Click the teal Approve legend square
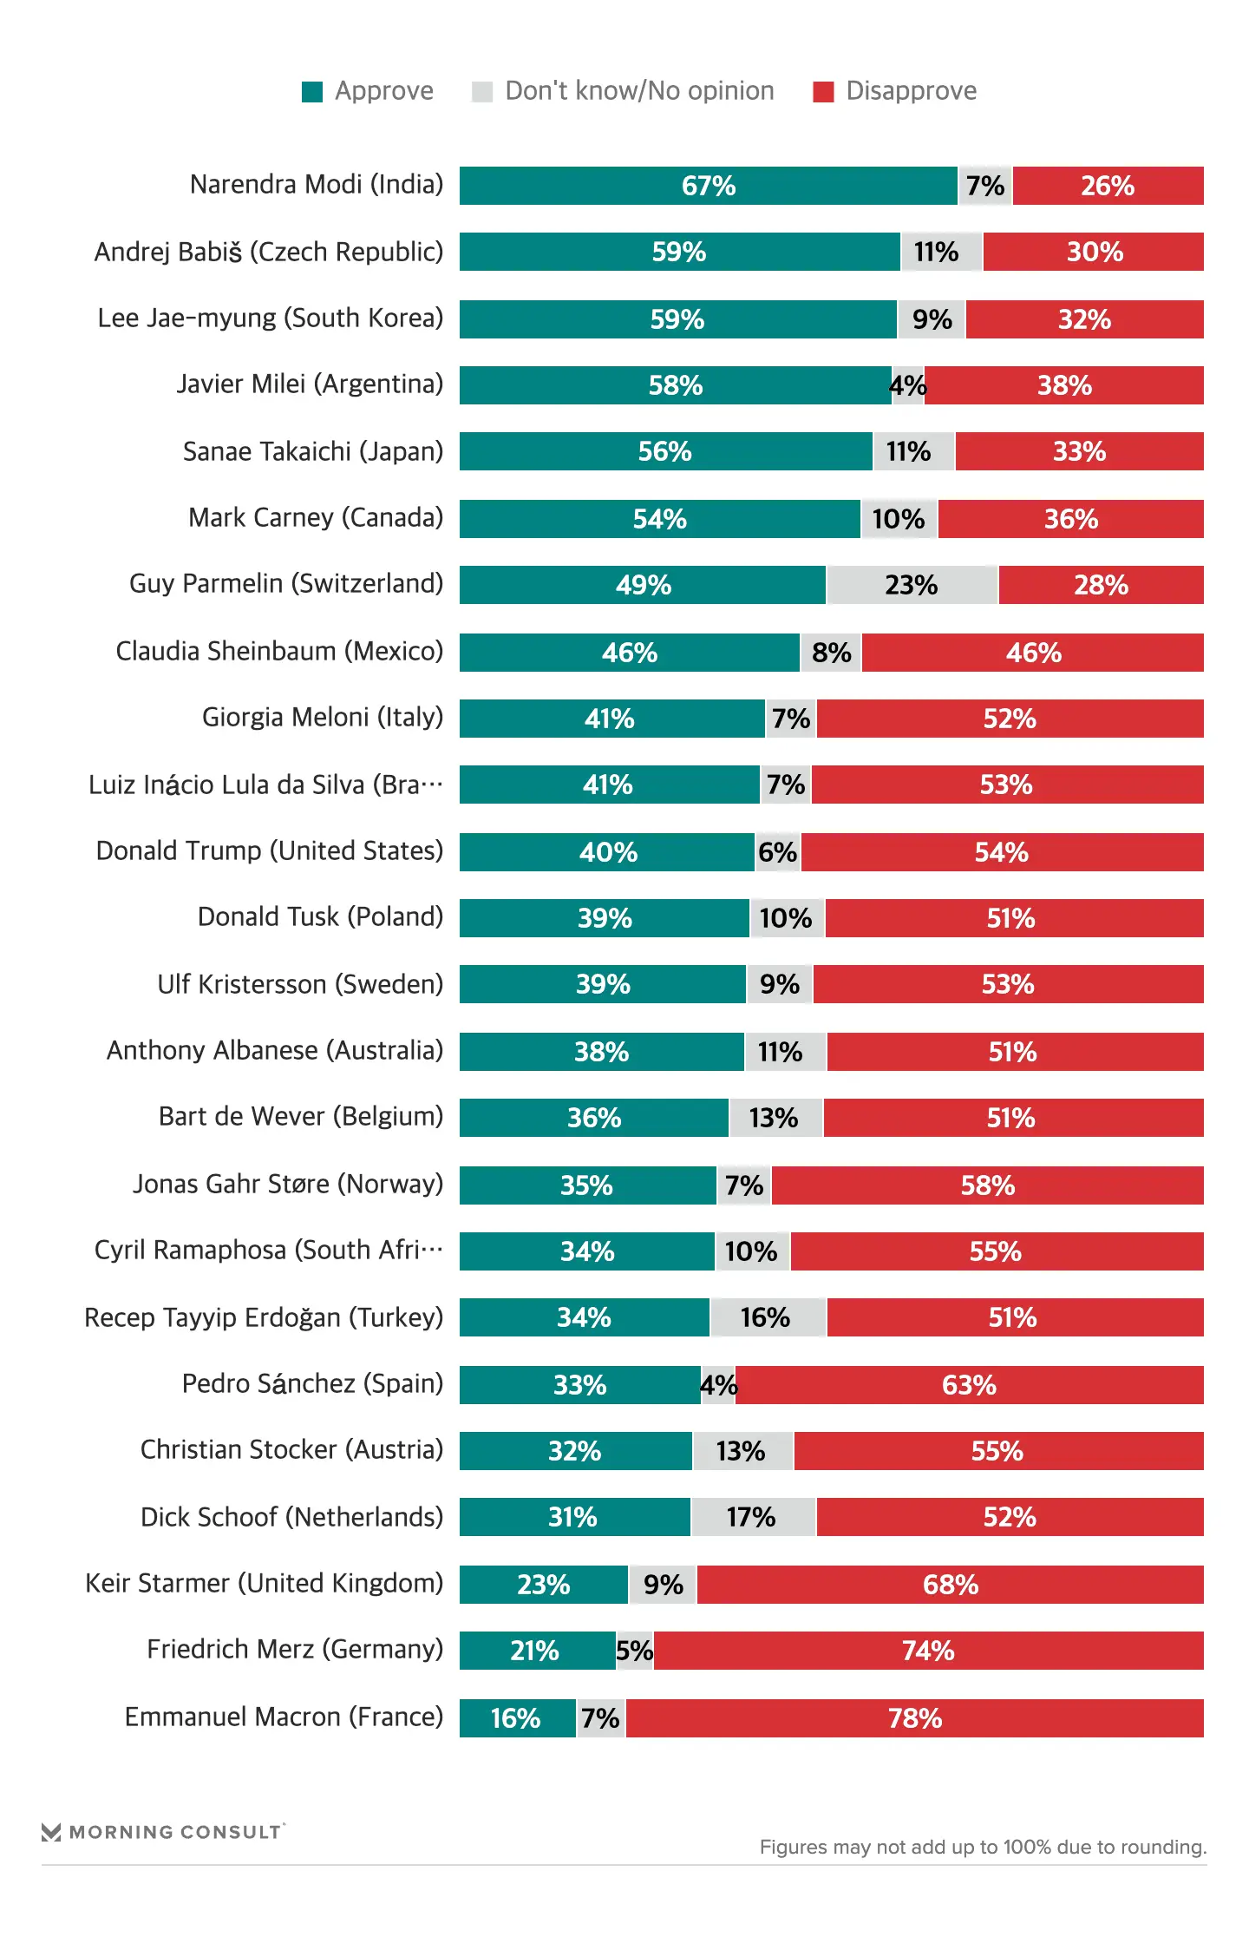click(312, 92)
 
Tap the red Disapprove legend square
click(823, 92)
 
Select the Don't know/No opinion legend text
click(639, 91)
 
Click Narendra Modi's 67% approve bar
click(708, 186)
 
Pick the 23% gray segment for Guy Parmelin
click(912, 585)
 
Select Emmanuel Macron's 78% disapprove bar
click(914, 1718)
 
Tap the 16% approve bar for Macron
click(517, 1718)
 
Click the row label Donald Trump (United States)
click(270, 851)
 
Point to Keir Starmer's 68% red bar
click(950, 1585)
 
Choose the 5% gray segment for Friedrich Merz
click(635, 1651)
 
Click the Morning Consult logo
click(163, 1831)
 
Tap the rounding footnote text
click(983, 1847)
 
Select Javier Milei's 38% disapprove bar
click(1064, 385)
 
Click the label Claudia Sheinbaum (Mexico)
click(279, 651)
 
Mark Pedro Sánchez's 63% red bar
click(969, 1385)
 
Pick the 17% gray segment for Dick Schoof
click(752, 1517)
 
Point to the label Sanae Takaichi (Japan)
click(312, 451)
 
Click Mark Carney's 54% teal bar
click(659, 519)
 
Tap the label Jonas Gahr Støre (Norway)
click(288, 1185)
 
